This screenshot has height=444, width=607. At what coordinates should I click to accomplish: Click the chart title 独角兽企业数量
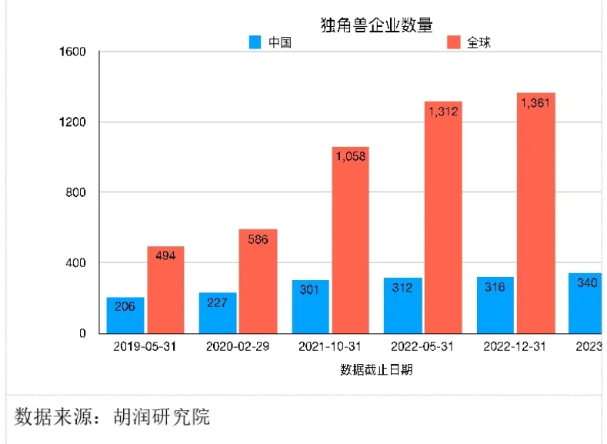[x=377, y=25]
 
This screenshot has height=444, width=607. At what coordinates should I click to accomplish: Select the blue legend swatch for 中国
[x=255, y=43]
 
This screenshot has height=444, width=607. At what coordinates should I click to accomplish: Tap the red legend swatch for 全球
[x=455, y=43]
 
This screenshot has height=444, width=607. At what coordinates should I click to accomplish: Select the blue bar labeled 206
[x=125, y=315]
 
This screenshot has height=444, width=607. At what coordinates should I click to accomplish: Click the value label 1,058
[x=350, y=156]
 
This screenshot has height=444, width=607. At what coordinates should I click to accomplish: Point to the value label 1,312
[x=443, y=112]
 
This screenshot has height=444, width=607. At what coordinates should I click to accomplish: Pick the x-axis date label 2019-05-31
[x=145, y=346]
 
